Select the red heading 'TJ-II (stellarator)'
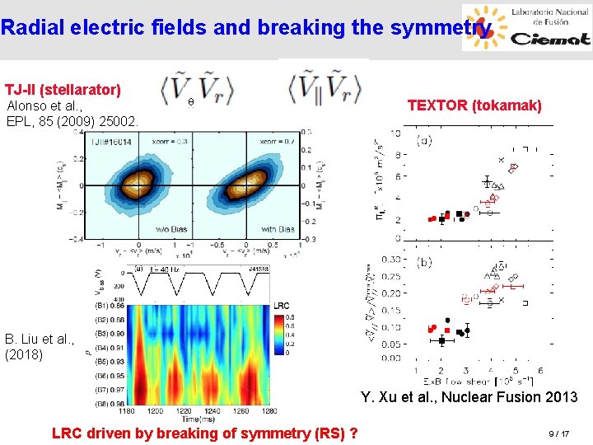click(63, 89)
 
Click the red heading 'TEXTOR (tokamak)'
click(474, 105)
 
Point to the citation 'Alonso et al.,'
click(44, 105)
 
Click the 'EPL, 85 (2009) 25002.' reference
click(72, 121)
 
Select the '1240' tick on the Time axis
click(208, 410)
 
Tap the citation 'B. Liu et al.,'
click(40, 339)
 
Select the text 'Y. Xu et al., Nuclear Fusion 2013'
click(469, 397)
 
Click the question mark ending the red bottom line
click(353, 433)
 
